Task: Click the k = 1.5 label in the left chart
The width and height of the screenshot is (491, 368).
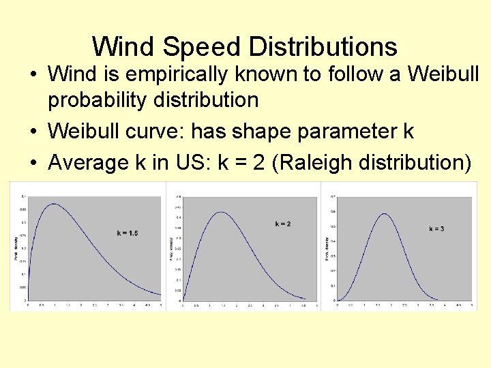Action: click(127, 233)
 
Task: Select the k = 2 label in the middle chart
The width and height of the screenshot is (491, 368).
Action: click(283, 224)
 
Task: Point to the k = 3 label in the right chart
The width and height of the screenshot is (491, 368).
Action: click(436, 228)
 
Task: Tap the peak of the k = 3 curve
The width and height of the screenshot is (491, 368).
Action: click(385, 214)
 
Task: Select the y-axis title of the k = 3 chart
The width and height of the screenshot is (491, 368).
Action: click(327, 249)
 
